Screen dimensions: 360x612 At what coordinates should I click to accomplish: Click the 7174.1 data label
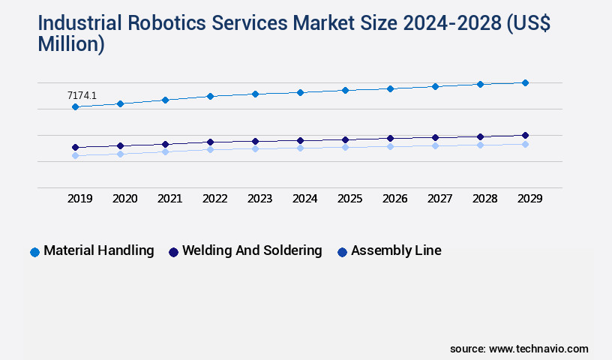(82, 95)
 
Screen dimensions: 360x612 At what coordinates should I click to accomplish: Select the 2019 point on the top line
(75, 107)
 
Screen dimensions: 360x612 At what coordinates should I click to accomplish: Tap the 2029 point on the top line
(525, 82)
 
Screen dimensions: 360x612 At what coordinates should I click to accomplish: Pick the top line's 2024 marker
(300, 92)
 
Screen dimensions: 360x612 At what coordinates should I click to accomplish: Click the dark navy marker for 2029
(525, 136)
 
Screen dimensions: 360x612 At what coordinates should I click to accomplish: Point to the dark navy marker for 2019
(75, 148)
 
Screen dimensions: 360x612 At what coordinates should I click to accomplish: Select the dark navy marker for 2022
(210, 142)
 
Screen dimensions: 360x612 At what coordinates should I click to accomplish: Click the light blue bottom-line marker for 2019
(75, 156)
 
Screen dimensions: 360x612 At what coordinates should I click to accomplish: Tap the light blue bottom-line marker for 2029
(525, 144)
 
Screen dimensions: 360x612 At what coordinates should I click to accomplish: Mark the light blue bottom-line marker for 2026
(390, 146)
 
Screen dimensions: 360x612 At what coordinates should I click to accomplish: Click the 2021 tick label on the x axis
(169, 199)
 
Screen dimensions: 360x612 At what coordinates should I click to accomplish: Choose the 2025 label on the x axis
(349, 199)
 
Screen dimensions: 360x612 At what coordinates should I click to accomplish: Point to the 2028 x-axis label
(484, 199)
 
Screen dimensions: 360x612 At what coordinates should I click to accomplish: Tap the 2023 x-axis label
(259, 199)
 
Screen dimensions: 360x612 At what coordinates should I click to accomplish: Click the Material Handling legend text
(99, 251)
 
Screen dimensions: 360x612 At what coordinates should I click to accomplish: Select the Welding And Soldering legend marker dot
(173, 252)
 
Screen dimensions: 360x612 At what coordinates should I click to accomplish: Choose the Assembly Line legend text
(396, 251)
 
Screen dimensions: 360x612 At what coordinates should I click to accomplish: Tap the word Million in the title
(70, 44)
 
